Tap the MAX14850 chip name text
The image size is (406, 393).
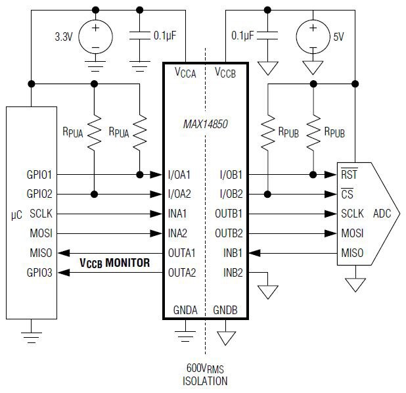pos(206,124)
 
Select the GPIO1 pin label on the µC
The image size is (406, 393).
pos(39,175)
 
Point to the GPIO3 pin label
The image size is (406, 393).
pos(39,273)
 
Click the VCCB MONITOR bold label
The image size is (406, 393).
pos(115,263)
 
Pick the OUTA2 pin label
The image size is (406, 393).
pos(182,273)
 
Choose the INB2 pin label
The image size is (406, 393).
pos(233,273)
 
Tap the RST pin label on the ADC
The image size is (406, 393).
pos(349,174)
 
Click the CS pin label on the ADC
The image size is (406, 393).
pos(347,194)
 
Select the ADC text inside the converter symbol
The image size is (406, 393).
pos(382,214)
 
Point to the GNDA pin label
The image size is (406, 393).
pos(185,310)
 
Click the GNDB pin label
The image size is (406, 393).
pos(225,310)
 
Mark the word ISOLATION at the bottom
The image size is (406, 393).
pos(205,381)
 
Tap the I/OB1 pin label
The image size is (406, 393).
pos(231,175)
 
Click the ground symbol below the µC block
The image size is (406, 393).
pos(31,337)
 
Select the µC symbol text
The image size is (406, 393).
pos(16,215)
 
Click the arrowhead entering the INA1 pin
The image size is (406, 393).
pos(156,214)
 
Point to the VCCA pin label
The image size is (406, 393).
pos(185,72)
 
